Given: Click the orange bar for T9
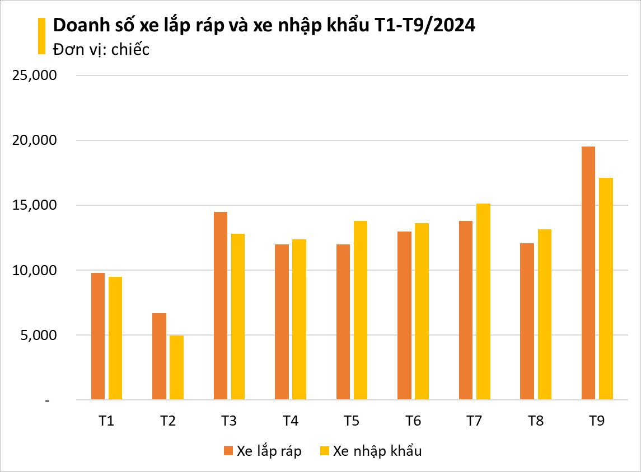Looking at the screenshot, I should [588, 273].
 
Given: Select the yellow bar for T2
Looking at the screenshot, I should [177, 368].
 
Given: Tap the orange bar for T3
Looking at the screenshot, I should [221, 306].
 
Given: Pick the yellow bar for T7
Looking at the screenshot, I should [483, 302].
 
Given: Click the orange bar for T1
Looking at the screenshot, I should [98, 337].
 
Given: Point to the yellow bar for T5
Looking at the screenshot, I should [361, 310].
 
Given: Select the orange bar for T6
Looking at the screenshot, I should [404, 316].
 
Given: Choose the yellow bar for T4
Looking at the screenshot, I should [299, 320].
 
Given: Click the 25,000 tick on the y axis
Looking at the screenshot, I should [35, 75].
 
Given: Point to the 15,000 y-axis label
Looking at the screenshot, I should [35, 206].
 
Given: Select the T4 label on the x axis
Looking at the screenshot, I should [290, 421].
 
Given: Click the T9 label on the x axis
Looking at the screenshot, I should [597, 421].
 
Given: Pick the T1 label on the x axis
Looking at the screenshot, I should [106, 421].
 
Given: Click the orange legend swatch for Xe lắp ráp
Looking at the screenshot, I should [228, 451].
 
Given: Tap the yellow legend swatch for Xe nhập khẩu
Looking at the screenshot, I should [324, 451].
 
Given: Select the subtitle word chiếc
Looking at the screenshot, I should [130, 49].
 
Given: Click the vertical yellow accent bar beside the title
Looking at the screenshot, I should [41, 36].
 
